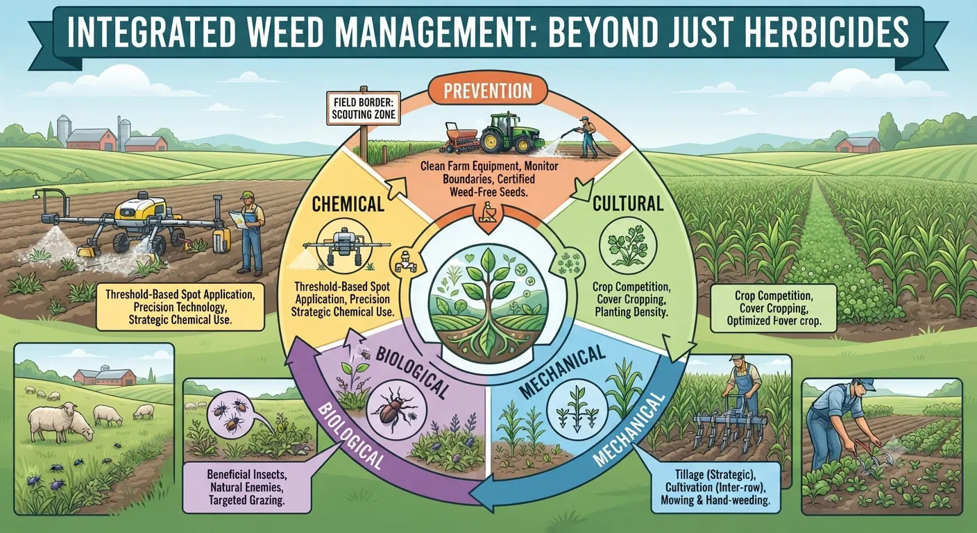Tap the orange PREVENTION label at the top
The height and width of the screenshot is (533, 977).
(x=488, y=91)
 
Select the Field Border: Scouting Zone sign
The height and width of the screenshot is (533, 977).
(x=364, y=108)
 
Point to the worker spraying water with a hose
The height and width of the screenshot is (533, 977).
(x=587, y=137)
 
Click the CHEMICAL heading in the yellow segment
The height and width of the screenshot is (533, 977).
(x=348, y=204)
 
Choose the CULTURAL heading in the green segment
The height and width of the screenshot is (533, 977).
(x=628, y=203)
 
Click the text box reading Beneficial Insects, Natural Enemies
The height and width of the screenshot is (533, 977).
(x=247, y=487)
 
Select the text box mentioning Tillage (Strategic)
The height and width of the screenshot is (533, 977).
(x=715, y=487)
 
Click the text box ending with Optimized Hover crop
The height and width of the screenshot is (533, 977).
(x=774, y=308)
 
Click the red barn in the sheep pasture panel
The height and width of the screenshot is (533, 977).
(x=105, y=376)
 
